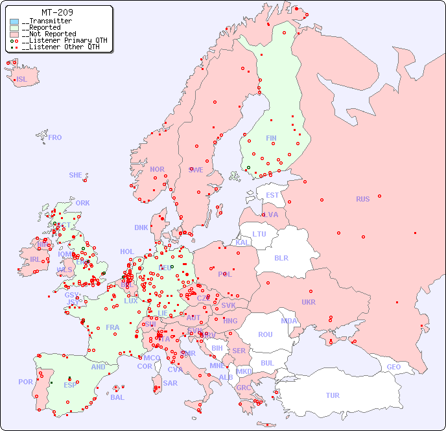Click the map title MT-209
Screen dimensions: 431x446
pos(57,12)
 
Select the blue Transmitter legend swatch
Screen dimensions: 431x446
pos(14,21)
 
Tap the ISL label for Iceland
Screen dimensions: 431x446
pos(22,80)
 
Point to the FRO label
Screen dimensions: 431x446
pos(55,137)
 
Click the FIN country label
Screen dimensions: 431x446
pos(271,138)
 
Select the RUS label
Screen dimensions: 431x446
pos(362,199)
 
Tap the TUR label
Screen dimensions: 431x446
pos(333,395)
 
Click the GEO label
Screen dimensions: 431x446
pos(393,367)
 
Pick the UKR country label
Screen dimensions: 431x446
pos(309,302)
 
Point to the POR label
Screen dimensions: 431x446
pos(25,382)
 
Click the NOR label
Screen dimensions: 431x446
pos(157,169)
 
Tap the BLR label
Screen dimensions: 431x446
pos(281,257)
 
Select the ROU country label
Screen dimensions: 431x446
pos(265,334)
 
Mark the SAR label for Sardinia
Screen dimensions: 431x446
pos(170,383)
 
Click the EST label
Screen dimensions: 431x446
pos(272,195)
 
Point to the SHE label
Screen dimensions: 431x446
pos(76,175)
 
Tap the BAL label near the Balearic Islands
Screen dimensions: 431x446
pos(117,397)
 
